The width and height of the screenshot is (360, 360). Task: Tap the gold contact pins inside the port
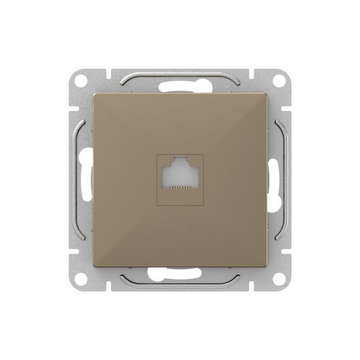180,187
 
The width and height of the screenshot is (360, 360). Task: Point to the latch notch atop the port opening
180,162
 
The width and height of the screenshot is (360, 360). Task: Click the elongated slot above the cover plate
180,83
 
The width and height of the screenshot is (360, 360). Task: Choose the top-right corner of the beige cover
266,94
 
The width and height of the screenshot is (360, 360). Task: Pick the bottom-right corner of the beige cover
266,266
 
